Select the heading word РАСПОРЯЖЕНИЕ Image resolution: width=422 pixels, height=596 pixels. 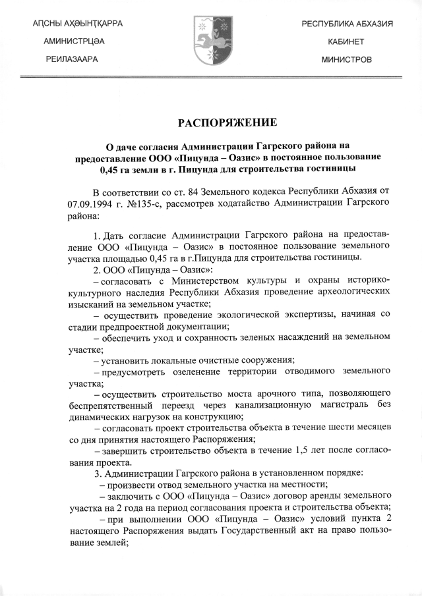coord(210,122)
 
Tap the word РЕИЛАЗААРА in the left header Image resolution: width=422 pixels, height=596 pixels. coord(73,59)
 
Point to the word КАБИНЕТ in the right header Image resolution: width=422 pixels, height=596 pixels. coord(346,41)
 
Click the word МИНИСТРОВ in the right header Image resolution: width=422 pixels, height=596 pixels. coord(346,59)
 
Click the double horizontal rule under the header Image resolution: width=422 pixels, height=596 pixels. coord(210,79)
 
